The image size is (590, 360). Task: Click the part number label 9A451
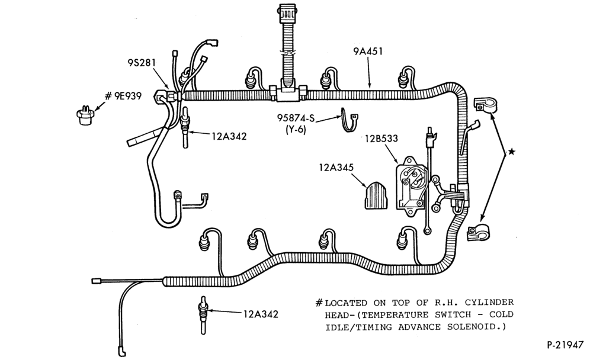click(x=368, y=51)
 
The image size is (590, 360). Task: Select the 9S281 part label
click(x=141, y=62)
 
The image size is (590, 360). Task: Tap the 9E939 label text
click(x=127, y=97)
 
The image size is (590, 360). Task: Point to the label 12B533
click(x=381, y=139)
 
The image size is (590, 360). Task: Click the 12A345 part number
click(x=336, y=167)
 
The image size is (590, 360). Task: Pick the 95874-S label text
click(x=296, y=118)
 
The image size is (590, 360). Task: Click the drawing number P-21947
click(x=565, y=345)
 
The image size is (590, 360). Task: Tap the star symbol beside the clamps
click(x=511, y=152)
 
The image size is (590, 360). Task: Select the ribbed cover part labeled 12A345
click(x=376, y=195)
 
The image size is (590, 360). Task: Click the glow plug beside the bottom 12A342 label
click(x=204, y=314)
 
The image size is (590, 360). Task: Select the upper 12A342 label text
click(x=229, y=136)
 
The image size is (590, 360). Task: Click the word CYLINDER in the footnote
click(x=489, y=303)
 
